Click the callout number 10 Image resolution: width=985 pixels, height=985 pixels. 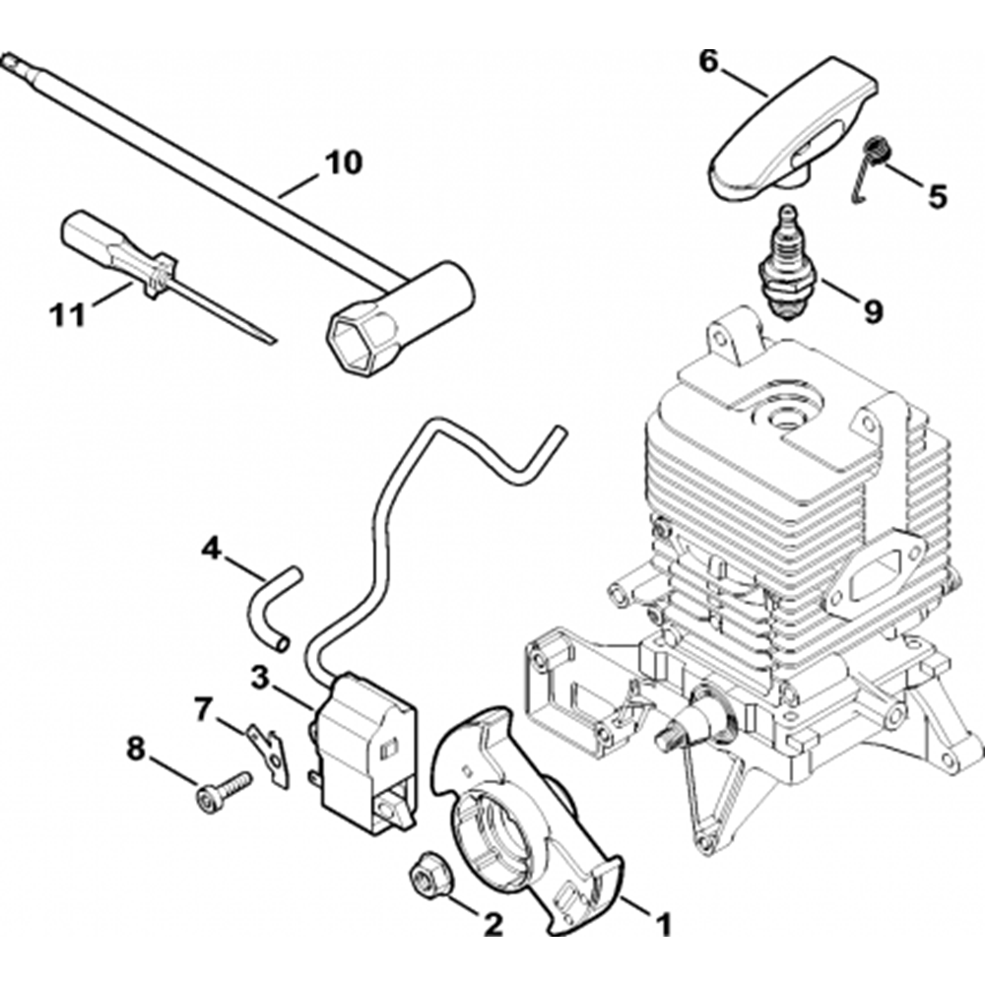343,162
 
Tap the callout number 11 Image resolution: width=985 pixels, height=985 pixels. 67,316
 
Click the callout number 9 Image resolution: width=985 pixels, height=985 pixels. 873,311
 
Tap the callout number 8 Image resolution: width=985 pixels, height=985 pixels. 135,749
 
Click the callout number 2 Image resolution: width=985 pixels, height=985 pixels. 491,924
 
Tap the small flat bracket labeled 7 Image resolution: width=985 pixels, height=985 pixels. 267,752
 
